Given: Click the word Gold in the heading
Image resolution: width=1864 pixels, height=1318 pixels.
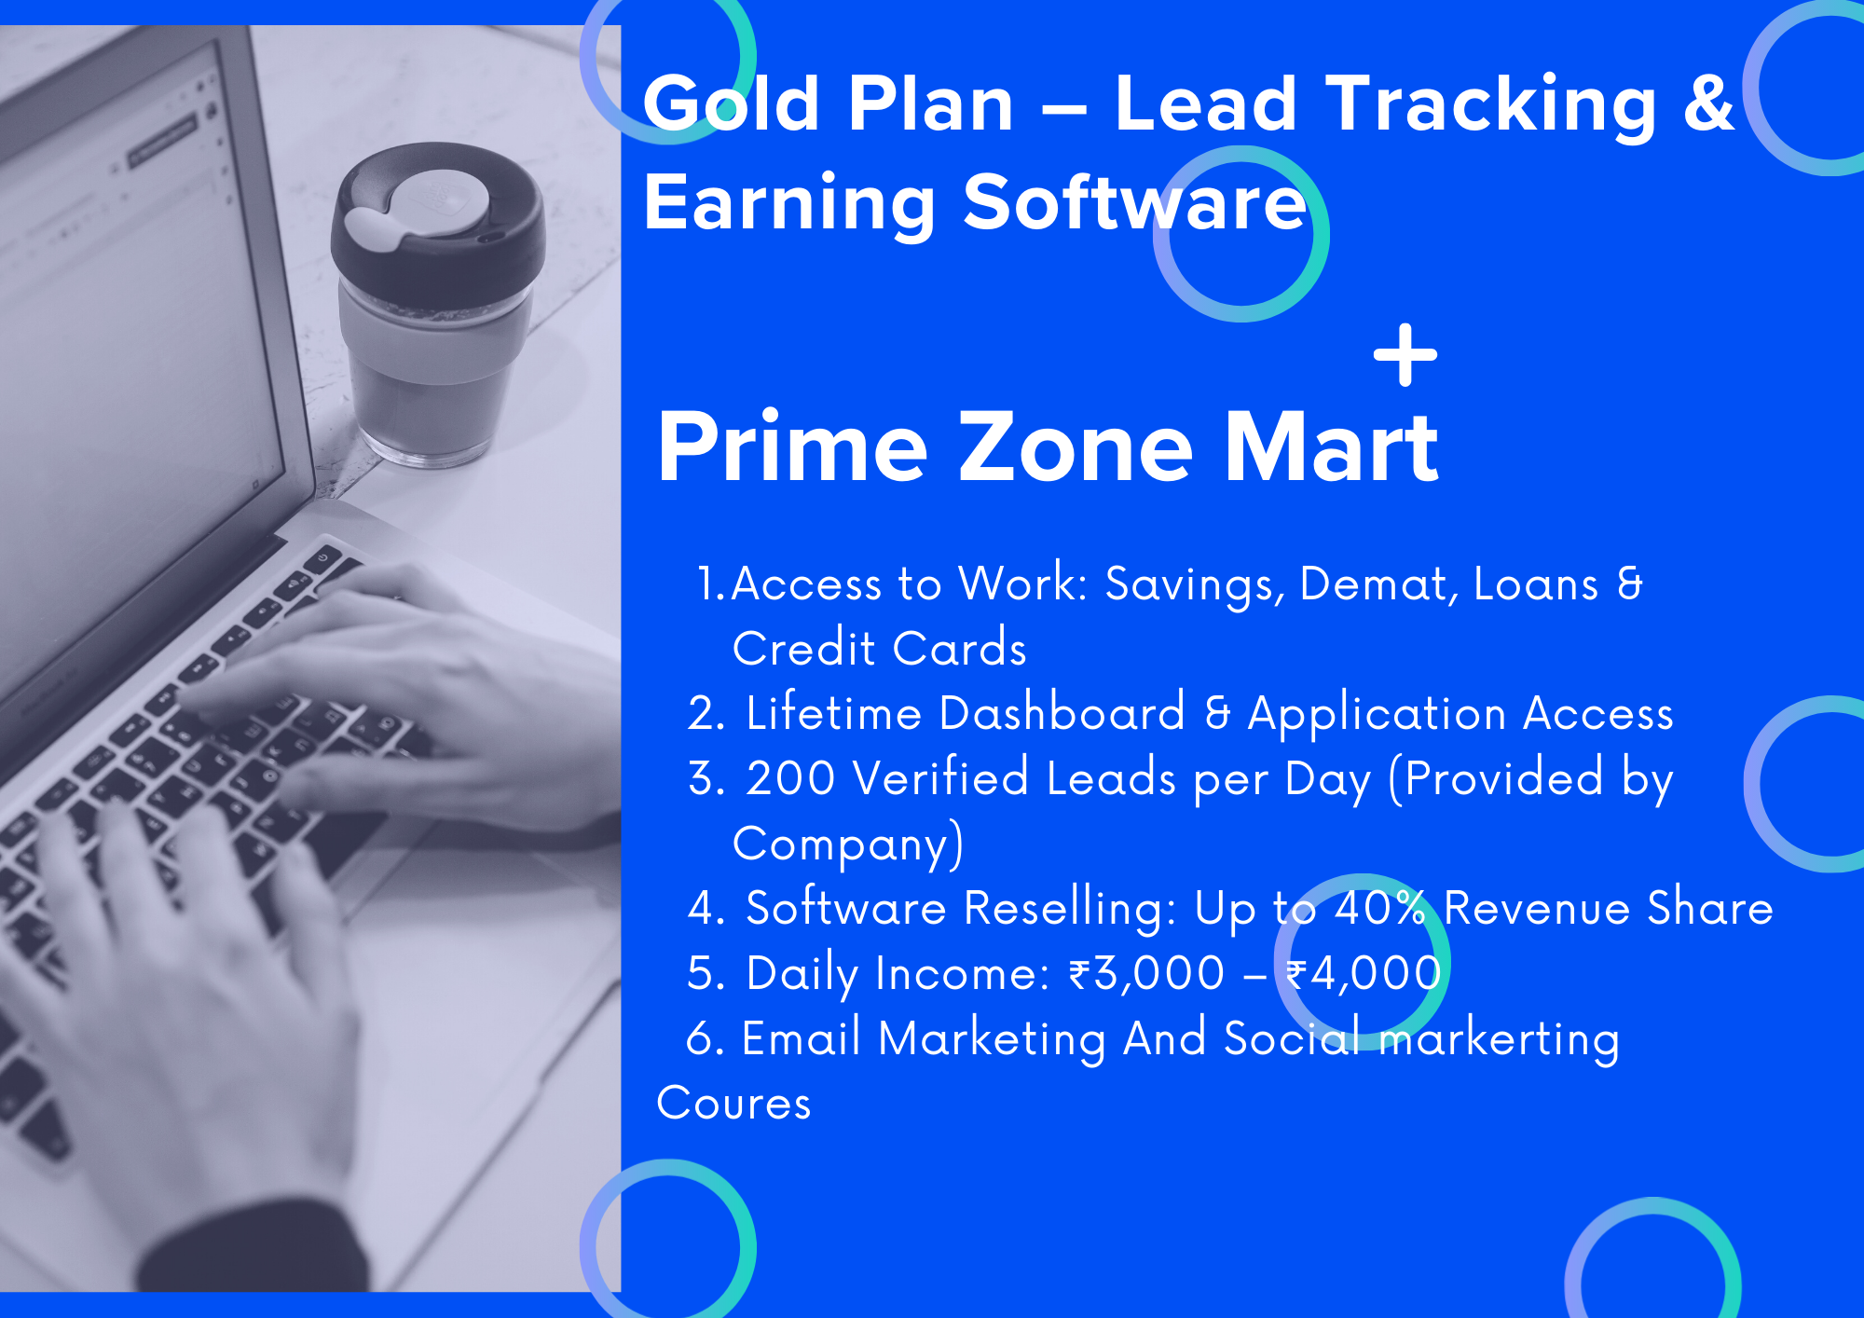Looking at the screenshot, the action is (731, 103).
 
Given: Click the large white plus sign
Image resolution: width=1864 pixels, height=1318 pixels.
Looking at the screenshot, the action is (1405, 354).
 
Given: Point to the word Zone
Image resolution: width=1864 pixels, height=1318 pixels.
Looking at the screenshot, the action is (1076, 447).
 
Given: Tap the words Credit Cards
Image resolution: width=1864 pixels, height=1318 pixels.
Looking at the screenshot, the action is (879, 648).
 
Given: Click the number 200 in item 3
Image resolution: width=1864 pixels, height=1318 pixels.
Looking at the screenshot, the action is (790, 778).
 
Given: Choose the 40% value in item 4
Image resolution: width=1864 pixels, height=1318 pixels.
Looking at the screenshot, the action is (1380, 908).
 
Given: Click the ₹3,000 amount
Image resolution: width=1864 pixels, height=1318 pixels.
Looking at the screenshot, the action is (1146, 974).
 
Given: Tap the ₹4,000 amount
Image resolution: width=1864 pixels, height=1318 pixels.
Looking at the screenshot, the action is (1364, 974).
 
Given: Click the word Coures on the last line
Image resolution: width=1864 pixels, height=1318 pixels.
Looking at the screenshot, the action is (733, 1104).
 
